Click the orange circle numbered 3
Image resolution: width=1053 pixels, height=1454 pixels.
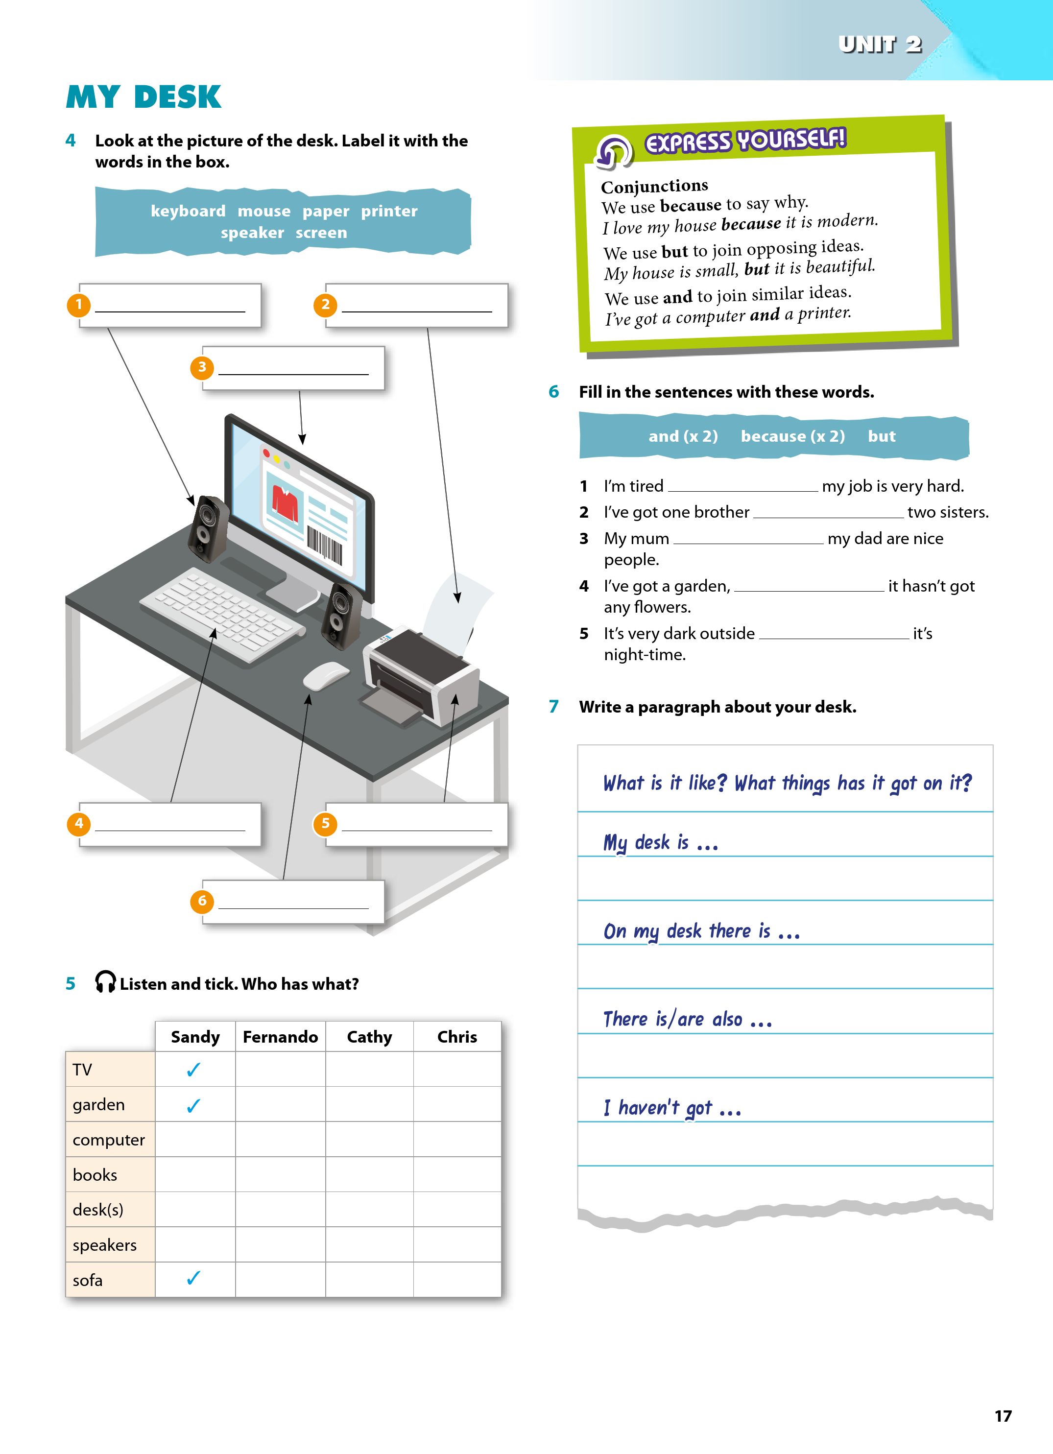(x=202, y=367)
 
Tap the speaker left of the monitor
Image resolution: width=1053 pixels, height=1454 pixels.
(x=208, y=527)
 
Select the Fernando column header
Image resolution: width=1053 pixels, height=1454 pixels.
(x=280, y=1037)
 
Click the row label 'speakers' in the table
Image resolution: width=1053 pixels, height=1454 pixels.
(x=104, y=1245)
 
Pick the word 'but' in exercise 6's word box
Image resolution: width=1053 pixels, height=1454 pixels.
(x=881, y=436)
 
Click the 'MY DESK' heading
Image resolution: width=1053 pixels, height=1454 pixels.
(x=144, y=97)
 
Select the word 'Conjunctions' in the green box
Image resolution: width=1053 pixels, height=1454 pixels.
(x=654, y=187)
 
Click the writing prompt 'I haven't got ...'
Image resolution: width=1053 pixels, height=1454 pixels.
(x=672, y=1108)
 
